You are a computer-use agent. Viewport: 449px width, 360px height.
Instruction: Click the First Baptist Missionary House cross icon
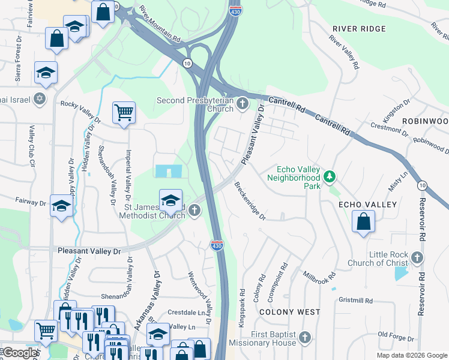(306, 338)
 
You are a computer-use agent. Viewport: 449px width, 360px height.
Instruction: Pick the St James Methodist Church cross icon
(194, 210)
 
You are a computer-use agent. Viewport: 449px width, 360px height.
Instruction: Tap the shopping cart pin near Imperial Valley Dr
(124, 112)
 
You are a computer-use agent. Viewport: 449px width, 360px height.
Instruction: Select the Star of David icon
(40, 98)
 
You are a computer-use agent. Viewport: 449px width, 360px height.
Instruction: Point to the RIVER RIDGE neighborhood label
(359, 29)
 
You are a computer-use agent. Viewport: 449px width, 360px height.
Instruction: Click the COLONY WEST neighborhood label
(289, 312)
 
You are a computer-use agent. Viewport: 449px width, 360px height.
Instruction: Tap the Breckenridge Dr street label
(250, 201)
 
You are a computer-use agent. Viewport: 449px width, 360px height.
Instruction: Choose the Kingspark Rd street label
(243, 306)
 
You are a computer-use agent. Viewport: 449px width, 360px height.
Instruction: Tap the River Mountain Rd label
(160, 25)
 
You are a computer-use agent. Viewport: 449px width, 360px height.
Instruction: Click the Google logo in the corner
(20, 353)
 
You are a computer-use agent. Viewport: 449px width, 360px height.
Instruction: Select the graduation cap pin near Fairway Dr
(62, 206)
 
